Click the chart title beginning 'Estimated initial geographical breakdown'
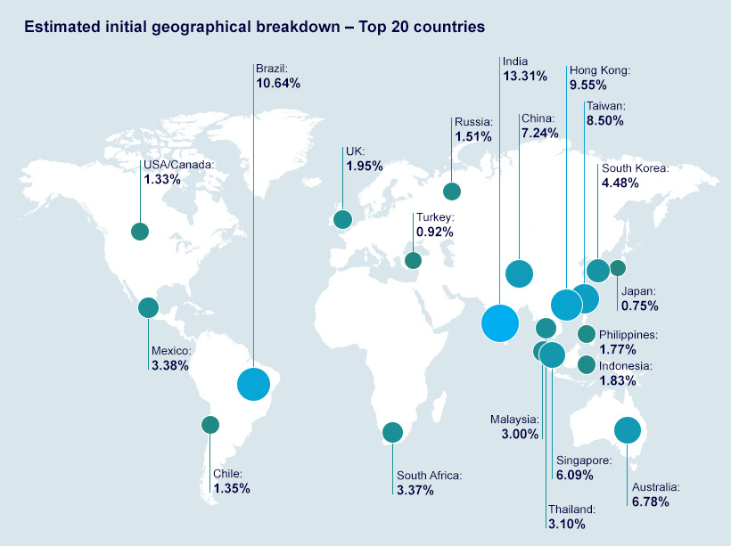(x=254, y=27)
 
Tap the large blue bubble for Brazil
(x=253, y=384)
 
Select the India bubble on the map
(x=499, y=322)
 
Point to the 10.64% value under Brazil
(x=278, y=84)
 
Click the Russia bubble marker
(x=452, y=191)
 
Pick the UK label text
(x=355, y=151)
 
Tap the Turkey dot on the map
(x=413, y=260)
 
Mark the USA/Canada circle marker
(x=139, y=232)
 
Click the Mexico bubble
(x=148, y=308)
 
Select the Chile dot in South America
(x=210, y=425)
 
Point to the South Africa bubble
(x=392, y=433)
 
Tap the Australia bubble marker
(x=628, y=431)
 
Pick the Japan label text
(x=639, y=291)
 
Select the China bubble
(x=519, y=273)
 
